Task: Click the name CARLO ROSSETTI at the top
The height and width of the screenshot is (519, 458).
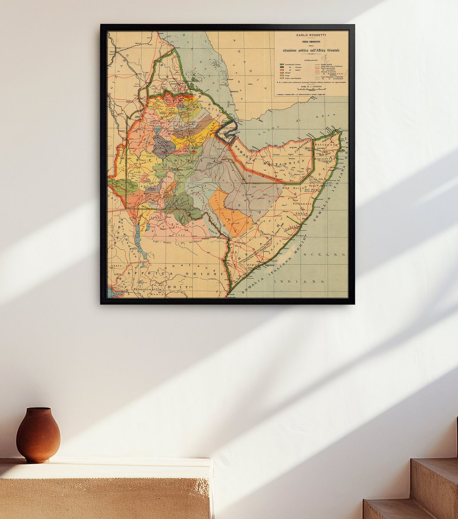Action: click(311, 35)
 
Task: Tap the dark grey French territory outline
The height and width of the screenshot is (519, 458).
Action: click(225, 132)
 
